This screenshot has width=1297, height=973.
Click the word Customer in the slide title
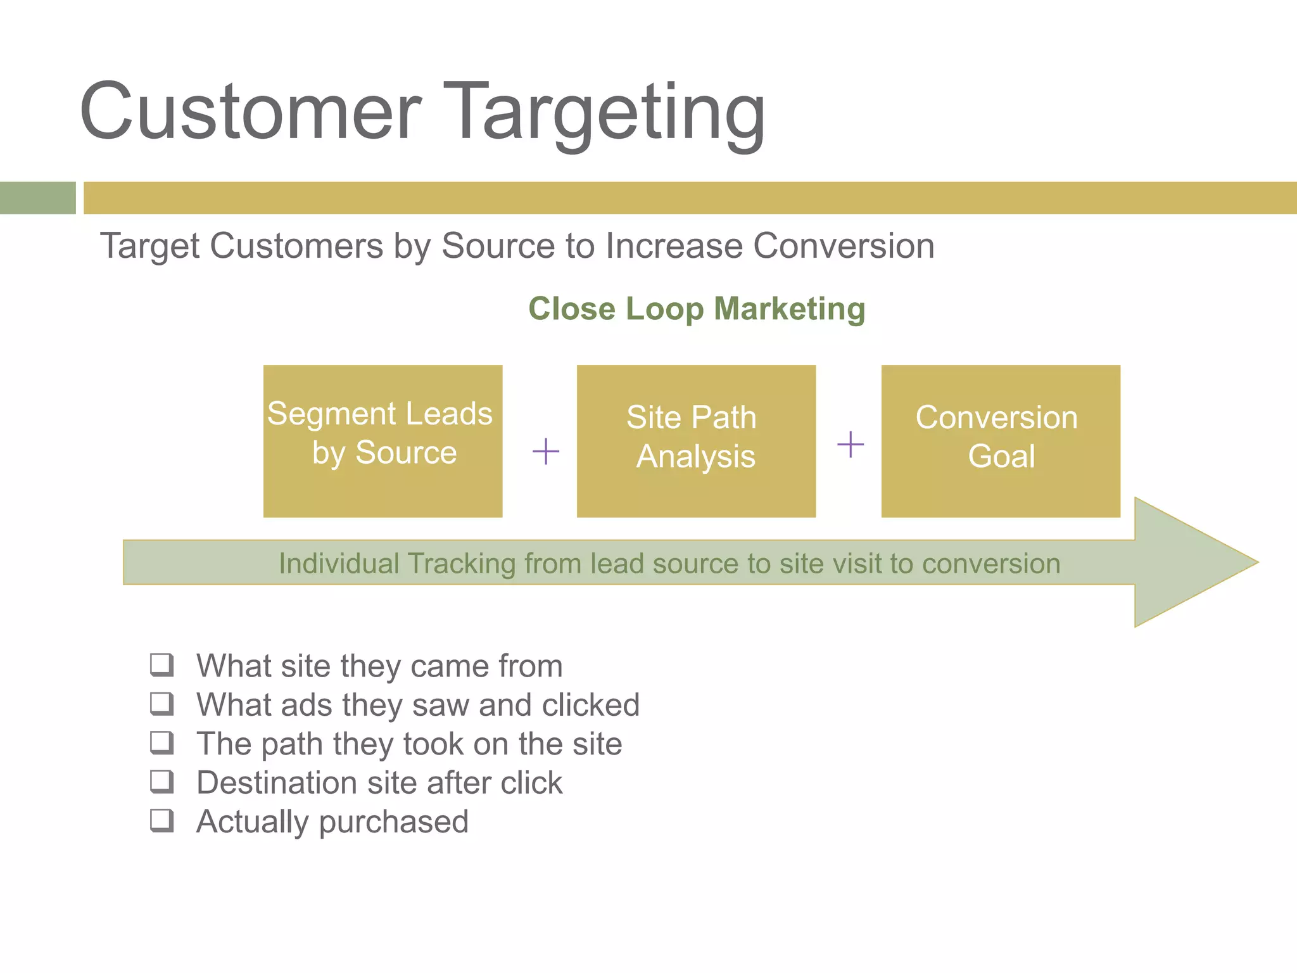coord(250,113)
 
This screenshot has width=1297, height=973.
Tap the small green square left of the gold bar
coord(37,198)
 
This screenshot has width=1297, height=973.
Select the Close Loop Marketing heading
coord(697,309)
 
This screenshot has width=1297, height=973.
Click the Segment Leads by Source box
coord(383,441)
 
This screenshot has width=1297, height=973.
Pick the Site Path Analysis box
coord(696,441)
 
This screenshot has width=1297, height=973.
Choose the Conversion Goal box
coord(1001,441)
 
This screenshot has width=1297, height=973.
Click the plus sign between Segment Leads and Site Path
coord(545,452)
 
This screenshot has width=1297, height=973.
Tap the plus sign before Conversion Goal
coord(850,444)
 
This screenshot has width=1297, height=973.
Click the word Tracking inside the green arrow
coord(461,564)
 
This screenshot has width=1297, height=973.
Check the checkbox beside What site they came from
coord(161,665)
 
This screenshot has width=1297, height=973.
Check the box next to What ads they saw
coord(161,703)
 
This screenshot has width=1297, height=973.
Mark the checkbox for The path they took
coord(161,742)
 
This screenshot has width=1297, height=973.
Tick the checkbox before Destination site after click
coord(161,781)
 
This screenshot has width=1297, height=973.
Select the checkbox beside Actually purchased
coord(161,820)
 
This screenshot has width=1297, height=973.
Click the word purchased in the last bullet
coord(393,822)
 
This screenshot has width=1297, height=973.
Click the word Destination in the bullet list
coord(276,783)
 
